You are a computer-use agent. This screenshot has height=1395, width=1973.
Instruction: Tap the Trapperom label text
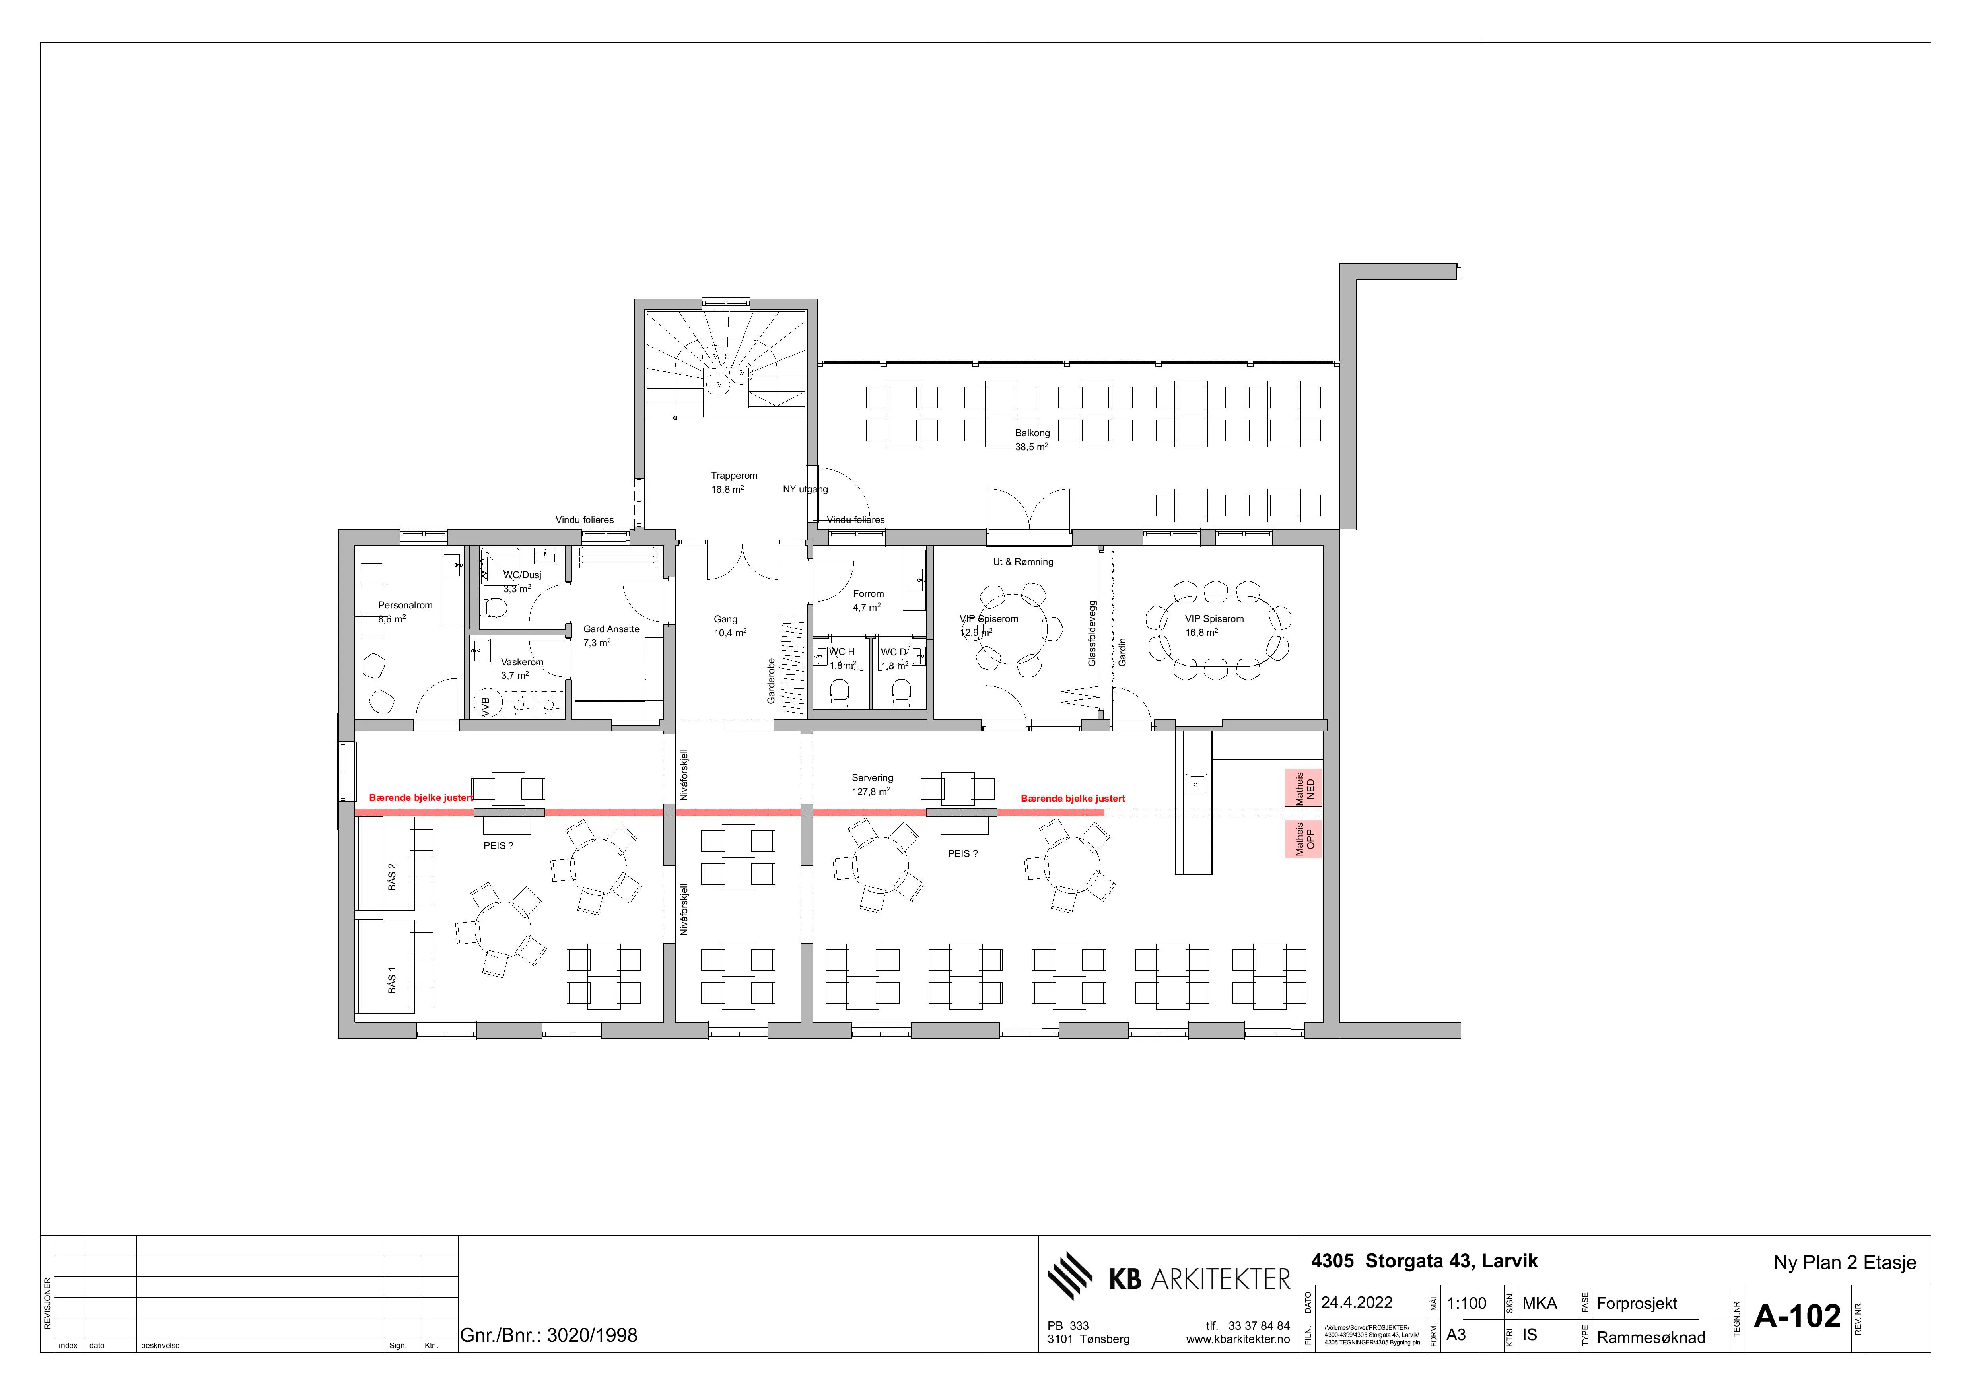[734, 475]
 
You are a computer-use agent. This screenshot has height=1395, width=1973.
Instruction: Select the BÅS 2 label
[392, 876]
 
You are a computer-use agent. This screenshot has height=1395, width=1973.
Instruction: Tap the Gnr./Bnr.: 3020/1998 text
[549, 1335]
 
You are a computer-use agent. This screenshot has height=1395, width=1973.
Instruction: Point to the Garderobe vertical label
[771, 681]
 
